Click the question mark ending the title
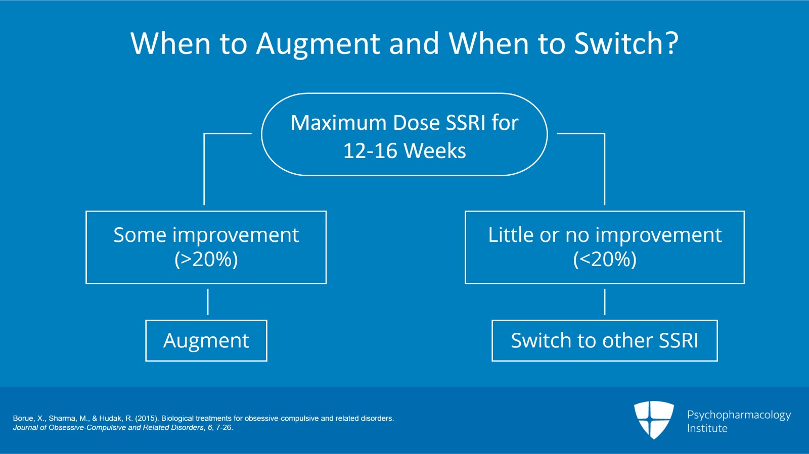(672, 43)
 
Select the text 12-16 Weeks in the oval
(404, 151)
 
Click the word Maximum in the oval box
(338, 123)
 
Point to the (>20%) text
(206, 260)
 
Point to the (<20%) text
(605, 260)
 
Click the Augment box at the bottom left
(206, 341)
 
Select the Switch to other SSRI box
(604, 341)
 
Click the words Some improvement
(206, 235)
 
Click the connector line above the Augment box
(208, 302)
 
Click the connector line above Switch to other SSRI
(605, 302)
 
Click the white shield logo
(654, 419)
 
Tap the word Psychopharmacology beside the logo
(739, 415)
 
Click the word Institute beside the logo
(707, 429)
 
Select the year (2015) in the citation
(146, 419)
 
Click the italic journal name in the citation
(108, 428)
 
